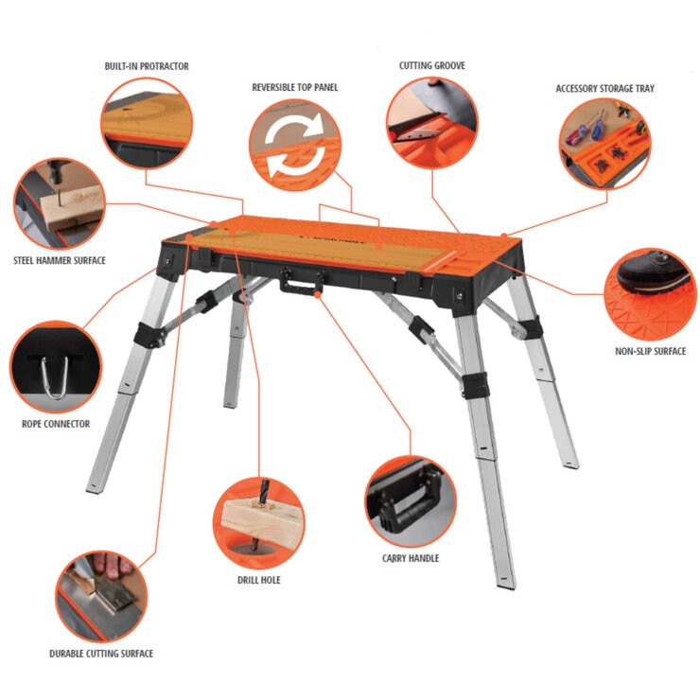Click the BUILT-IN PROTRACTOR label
(147, 66)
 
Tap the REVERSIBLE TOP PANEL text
(294, 87)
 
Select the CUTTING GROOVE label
(431, 65)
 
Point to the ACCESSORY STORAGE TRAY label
(604, 88)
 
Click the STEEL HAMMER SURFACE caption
(60, 260)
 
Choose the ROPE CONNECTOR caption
(56, 424)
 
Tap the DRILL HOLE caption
(259, 580)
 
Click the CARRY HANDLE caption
(411, 558)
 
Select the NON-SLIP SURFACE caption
(650, 351)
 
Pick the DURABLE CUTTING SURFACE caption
(101, 654)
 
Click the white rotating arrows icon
(294, 145)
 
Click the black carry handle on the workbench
(302, 281)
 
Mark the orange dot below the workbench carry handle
(318, 294)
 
